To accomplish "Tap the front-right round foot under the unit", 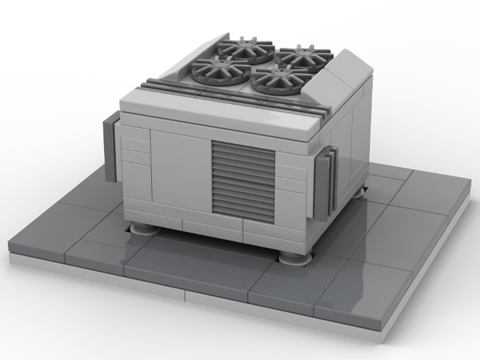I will coord(295,256).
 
